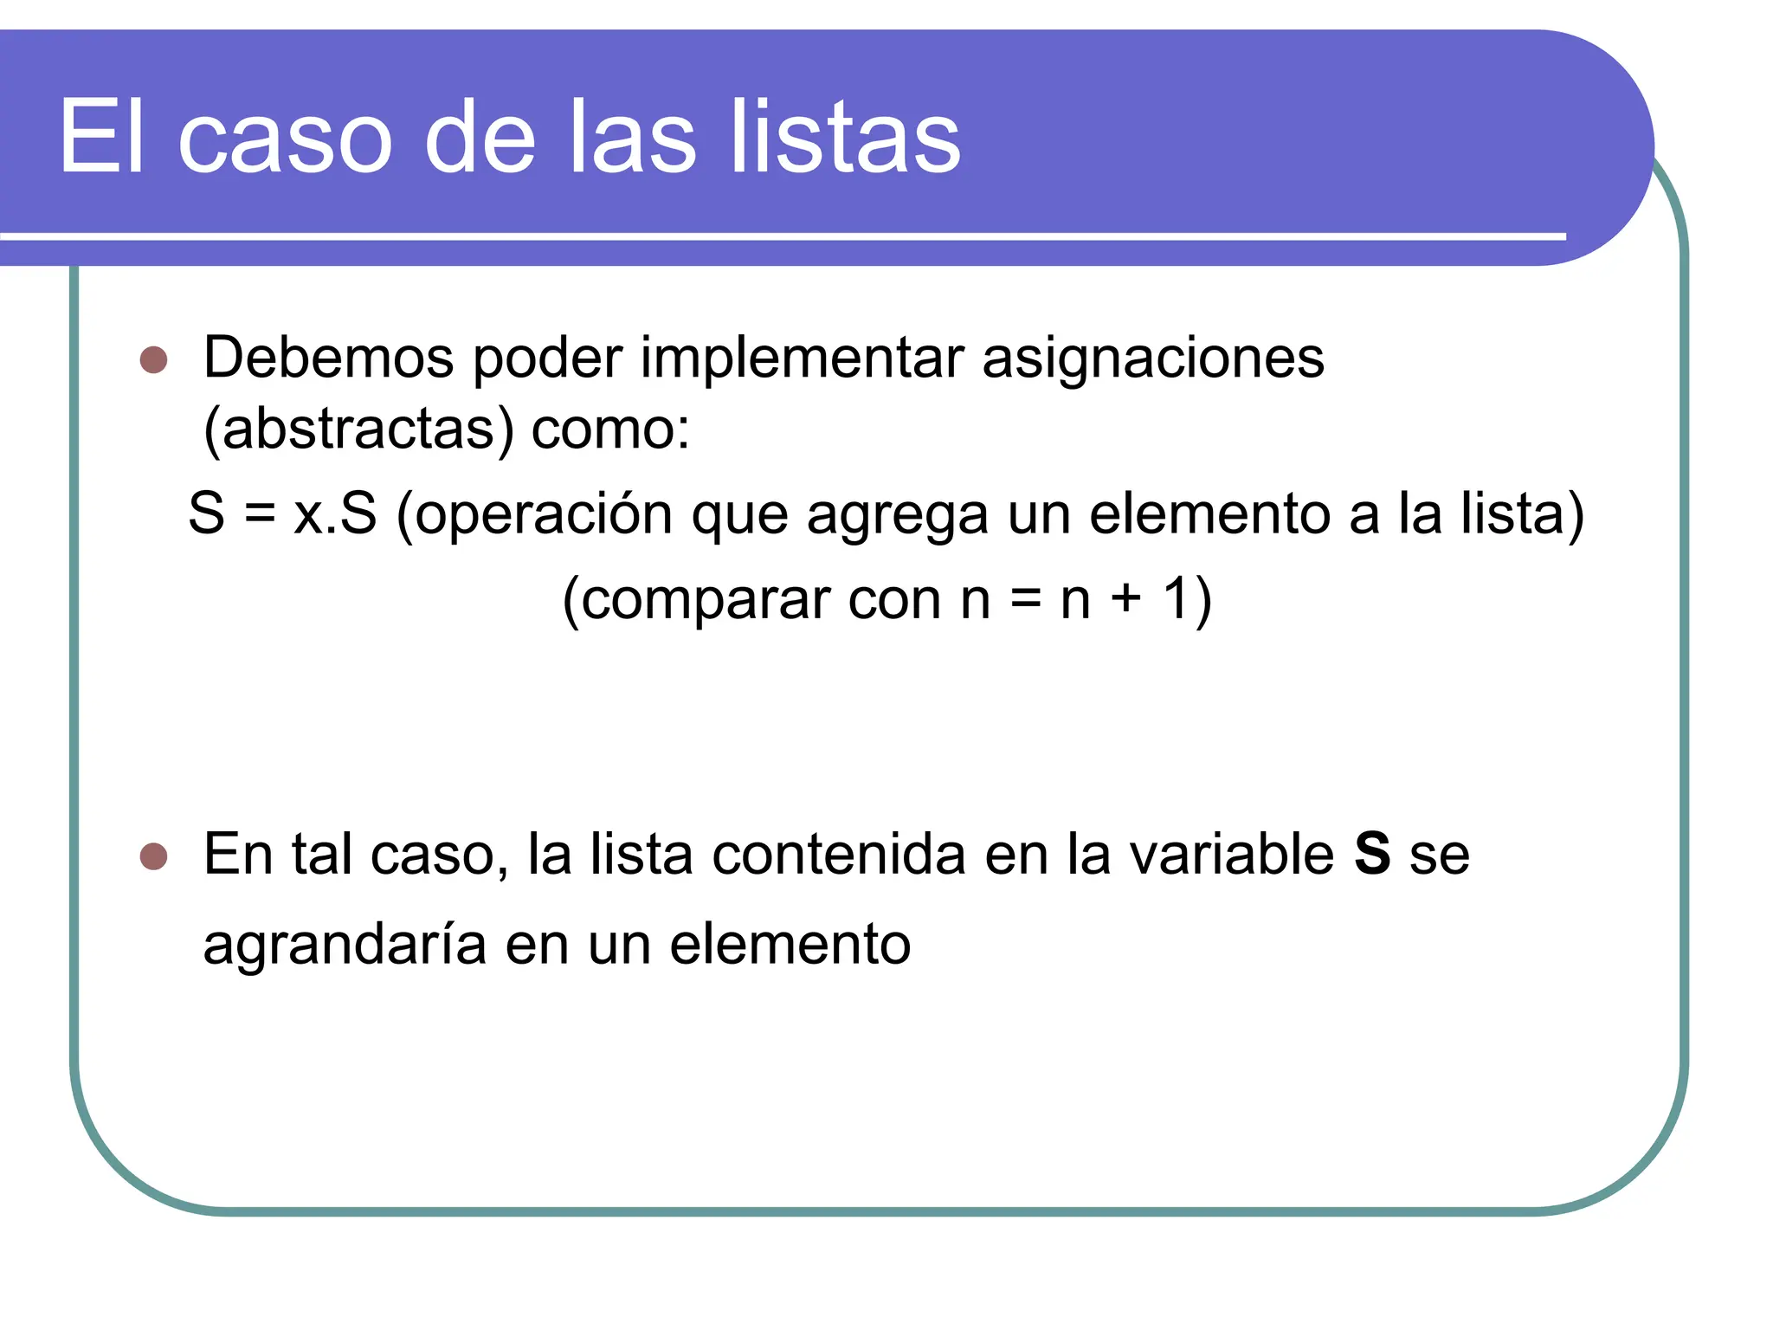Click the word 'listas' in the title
click(x=845, y=137)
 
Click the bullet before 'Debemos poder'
click(x=153, y=359)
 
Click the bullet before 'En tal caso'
click(x=153, y=856)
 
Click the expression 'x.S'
click(x=335, y=513)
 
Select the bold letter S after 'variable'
click(x=1372, y=854)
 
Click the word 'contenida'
click(x=838, y=855)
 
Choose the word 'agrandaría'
click(x=345, y=945)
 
